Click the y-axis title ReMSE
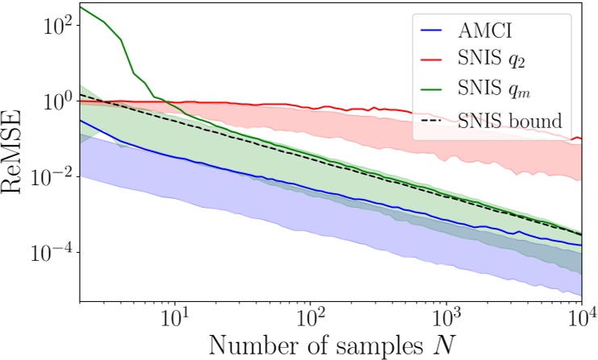[17, 153]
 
